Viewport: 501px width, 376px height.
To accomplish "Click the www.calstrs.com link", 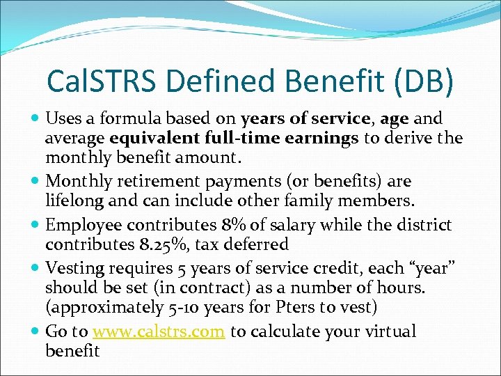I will [159, 332].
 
